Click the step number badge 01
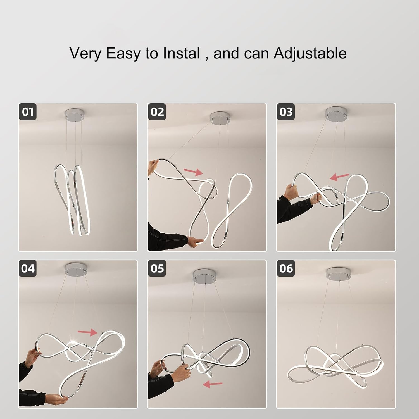28,112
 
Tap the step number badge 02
157,112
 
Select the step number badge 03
286,112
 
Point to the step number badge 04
28,268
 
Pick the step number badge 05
157,268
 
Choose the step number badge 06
286,268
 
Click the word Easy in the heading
123,54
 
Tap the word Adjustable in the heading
310,53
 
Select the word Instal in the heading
182,53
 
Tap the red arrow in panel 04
87,332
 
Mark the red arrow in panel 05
213,384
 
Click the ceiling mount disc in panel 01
75,113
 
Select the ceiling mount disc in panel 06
338,273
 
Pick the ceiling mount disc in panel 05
205,276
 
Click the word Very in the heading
86,54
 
